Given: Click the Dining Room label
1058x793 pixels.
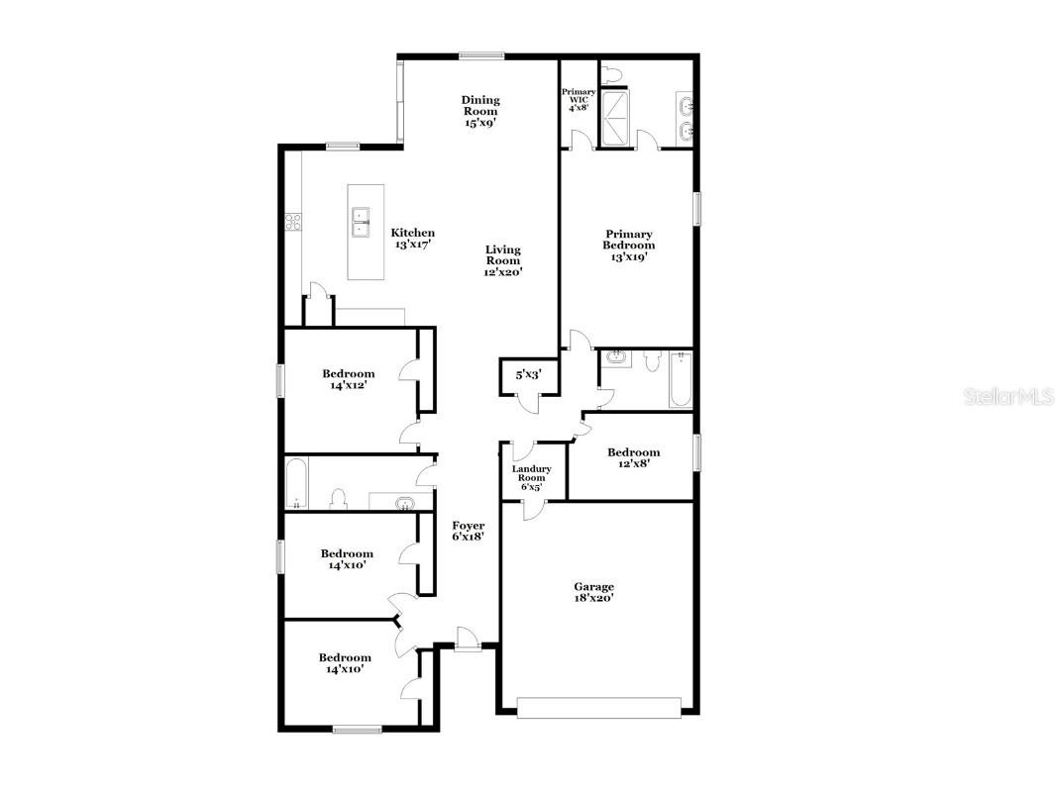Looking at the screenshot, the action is (x=480, y=111).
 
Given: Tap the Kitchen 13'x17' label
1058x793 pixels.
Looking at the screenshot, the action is (x=413, y=239).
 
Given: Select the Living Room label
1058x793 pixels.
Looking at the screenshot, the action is (x=503, y=261).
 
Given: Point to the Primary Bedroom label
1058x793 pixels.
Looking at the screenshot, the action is (x=629, y=246).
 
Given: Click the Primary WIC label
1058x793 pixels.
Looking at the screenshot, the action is (x=579, y=99).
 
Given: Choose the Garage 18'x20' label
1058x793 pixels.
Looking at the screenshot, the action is (x=593, y=592).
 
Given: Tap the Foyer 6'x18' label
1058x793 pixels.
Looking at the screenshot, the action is (x=469, y=532).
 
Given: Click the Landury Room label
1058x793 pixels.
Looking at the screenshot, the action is (x=532, y=477).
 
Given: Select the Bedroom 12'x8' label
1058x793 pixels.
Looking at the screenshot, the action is (x=634, y=457).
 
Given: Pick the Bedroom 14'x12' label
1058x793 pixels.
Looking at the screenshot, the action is (x=348, y=379).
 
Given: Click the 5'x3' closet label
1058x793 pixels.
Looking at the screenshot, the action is (x=528, y=374).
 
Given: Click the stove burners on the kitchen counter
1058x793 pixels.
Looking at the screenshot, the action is (x=293, y=221).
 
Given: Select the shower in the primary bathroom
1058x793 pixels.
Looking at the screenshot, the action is (x=616, y=118).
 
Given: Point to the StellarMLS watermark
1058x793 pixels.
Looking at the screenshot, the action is (x=1008, y=396).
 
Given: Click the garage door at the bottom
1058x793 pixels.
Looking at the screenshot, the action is (x=599, y=707).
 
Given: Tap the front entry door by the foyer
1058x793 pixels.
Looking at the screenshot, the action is (x=467, y=640).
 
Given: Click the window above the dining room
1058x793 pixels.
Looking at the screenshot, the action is (x=481, y=56).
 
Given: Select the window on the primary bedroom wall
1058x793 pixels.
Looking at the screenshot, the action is (x=697, y=208).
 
